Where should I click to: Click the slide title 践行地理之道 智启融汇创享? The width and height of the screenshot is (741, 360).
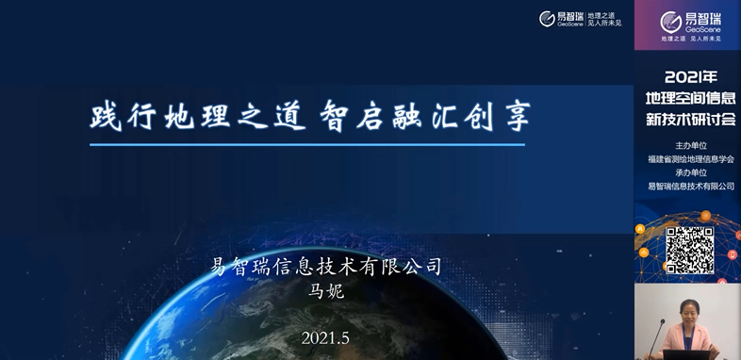click(309, 116)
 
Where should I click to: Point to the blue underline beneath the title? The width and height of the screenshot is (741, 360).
click(307, 144)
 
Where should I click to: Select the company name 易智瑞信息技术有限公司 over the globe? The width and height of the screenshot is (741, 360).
click(326, 267)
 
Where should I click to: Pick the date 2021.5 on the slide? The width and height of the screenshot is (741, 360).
click(325, 337)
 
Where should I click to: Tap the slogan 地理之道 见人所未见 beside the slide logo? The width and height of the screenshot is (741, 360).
click(604, 18)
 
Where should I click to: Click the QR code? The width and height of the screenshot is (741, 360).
click(689, 249)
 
